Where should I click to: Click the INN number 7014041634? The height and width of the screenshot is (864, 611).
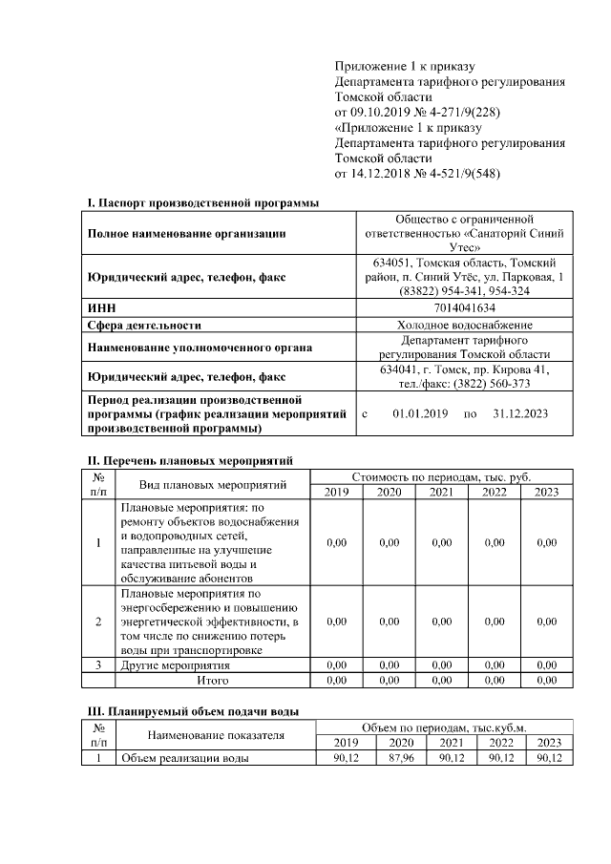tap(464, 308)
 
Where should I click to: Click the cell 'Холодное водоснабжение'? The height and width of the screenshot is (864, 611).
tap(464, 325)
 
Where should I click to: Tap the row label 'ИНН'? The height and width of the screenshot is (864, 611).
tap(101, 308)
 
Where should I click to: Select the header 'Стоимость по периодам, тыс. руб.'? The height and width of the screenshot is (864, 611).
tap(441, 476)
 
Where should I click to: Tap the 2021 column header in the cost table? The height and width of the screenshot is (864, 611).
tap(441, 492)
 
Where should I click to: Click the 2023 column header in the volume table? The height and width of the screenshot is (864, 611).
tap(550, 743)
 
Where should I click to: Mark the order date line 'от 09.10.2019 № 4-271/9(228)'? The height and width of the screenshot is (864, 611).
tap(416, 111)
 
